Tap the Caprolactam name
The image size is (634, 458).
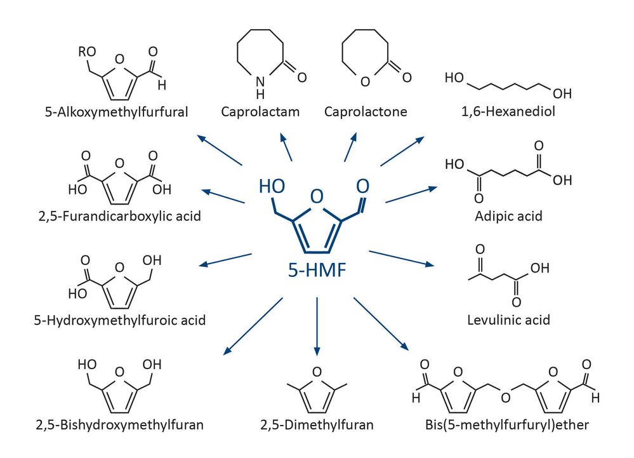click(260, 112)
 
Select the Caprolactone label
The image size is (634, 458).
click(366, 112)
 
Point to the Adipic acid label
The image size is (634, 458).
click(508, 215)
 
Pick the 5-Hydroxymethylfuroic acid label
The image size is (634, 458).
click(120, 320)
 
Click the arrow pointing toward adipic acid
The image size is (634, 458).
click(411, 195)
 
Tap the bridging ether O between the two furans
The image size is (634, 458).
click(505, 398)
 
